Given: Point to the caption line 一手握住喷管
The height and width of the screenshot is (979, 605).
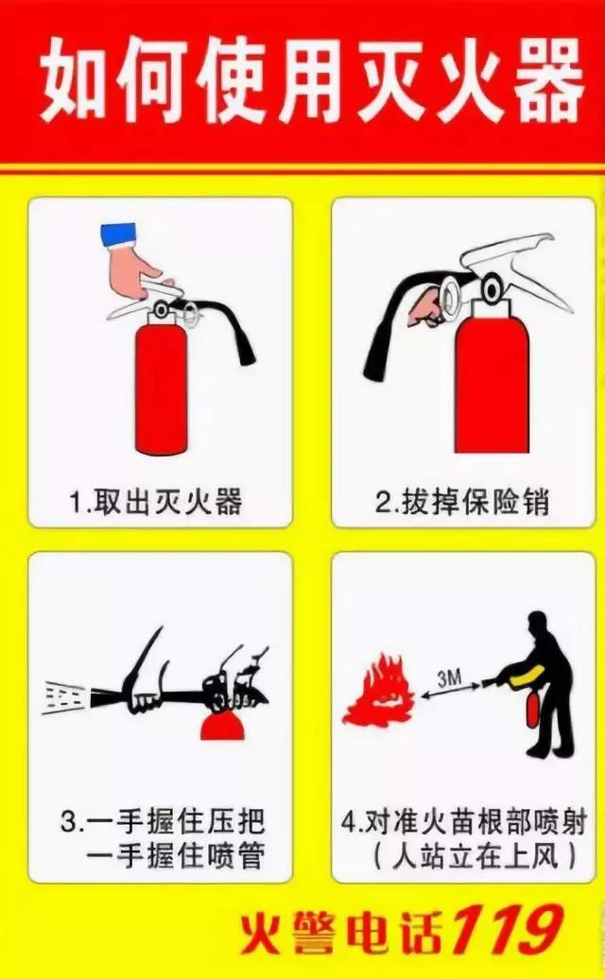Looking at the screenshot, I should click(175, 857).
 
